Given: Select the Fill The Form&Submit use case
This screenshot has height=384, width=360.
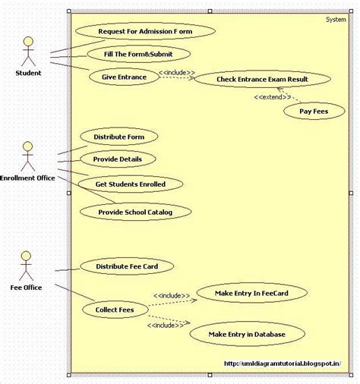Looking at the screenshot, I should pyautogui.click(x=137, y=55).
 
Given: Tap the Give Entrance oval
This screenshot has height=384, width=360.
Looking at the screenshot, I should pyautogui.click(x=124, y=77).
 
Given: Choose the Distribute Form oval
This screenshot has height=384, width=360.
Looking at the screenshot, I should pyautogui.click(x=119, y=137).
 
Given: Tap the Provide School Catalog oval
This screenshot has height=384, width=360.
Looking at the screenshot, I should pyautogui.click(x=135, y=212).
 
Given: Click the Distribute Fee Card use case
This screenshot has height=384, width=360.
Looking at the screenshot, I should pyautogui.click(x=127, y=266).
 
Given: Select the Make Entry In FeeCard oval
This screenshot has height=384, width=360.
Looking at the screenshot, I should pyautogui.click(x=251, y=292).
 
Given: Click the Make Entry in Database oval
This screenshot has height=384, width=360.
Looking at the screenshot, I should pyautogui.click(x=247, y=334).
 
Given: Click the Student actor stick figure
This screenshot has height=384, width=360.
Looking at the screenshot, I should pyautogui.click(x=28, y=51).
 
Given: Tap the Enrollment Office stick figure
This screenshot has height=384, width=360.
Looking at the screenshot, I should pyautogui.click(x=28, y=156).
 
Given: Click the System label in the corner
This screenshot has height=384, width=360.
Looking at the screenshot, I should pyautogui.click(x=335, y=19).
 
